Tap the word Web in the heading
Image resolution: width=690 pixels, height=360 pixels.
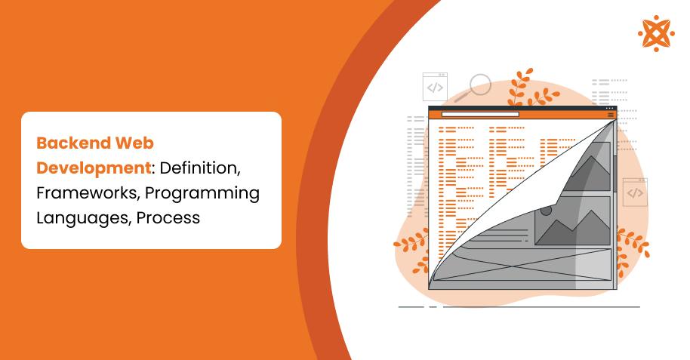(134, 142)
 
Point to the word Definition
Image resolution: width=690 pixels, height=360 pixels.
(200, 167)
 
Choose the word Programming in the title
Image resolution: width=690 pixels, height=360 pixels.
(202, 192)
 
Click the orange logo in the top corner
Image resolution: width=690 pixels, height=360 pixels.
(655, 33)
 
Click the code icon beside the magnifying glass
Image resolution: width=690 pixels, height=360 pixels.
(436, 87)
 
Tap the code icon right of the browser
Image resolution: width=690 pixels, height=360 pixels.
(635, 192)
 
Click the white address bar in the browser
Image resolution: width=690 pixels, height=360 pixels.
(479, 115)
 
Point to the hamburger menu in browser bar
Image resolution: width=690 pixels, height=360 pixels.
(611, 115)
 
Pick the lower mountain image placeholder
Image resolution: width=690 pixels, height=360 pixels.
(571, 221)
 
